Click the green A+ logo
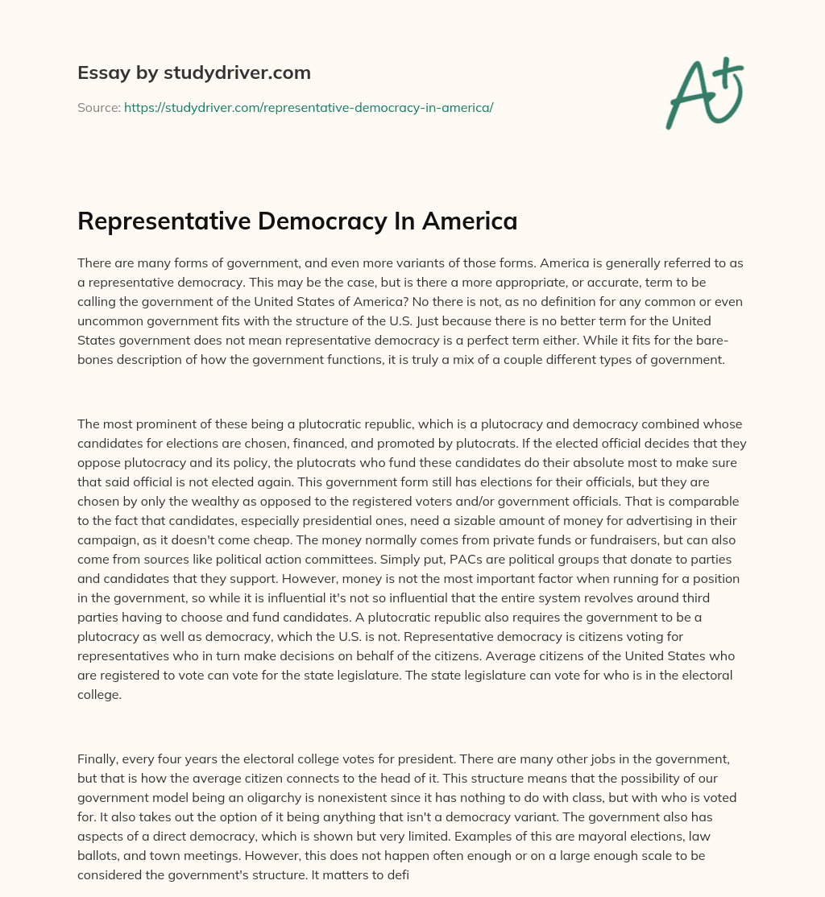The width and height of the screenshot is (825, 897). pyautogui.click(x=704, y=93)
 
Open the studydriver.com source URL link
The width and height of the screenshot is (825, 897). pyautogui.click(x=309, y=107)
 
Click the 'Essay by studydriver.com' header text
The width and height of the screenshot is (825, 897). pyautogui.click(x=194, y=72)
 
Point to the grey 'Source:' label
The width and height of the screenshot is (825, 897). pyautogui.click(x=98, y=107)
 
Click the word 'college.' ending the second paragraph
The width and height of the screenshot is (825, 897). pyautogui.click(x=99, y=694)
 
